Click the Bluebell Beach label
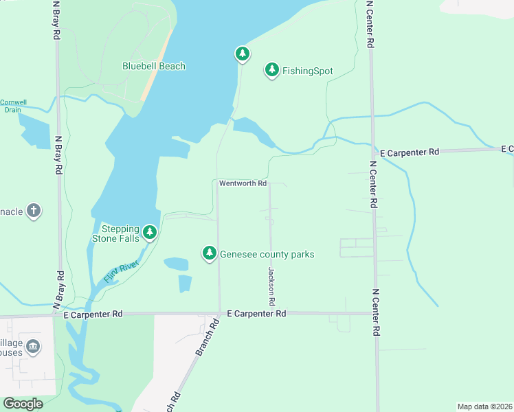click(x=154, y=67)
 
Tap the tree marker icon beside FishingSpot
click(x=272, y=69)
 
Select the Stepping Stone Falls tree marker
click(x=150, y=232)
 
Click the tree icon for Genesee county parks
click(x=210, y=253)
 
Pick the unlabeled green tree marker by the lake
click(x=242, y=53)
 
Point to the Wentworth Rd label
click(x=243, y=183)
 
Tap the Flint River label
click(x=121, y=271)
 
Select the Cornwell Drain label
click(x=13, y=106)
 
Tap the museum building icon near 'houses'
click(x=33, y=348)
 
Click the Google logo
click(x=23, y=403)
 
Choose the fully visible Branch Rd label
click(x=202, y=340)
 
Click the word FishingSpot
click(x=307, y=71)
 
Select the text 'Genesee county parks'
click(x=267, y=255)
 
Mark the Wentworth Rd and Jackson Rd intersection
click(x=269, y=183)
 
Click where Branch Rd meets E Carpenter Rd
click(x=219, y=314)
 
